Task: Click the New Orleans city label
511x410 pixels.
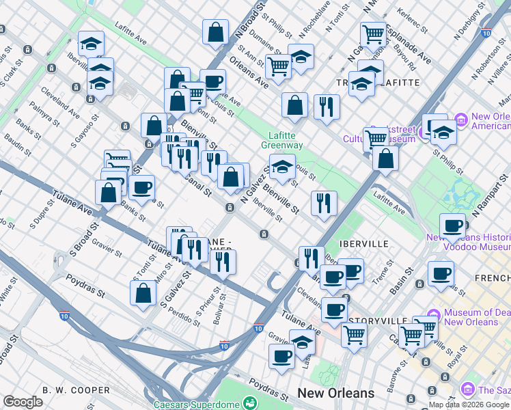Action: (x=335, y=393)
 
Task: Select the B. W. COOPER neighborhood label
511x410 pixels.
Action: (x=76, y=390)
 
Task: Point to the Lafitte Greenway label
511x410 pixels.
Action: (x=281, y=140)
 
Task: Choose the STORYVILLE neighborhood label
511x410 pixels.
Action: (x=378, y=320)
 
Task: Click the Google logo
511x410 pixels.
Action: (x=23, y=402)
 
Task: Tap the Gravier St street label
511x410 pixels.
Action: (x=107, y=244)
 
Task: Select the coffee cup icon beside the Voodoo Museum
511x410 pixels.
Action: (x=453, y=225)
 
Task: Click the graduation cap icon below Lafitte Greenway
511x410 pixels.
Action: (x=281, y=165)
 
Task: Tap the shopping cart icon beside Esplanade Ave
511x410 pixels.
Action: (x=373, y=33)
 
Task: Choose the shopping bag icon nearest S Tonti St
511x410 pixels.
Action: (x=143, y=292)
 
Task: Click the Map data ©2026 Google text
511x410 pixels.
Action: (x=469, y=405)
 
